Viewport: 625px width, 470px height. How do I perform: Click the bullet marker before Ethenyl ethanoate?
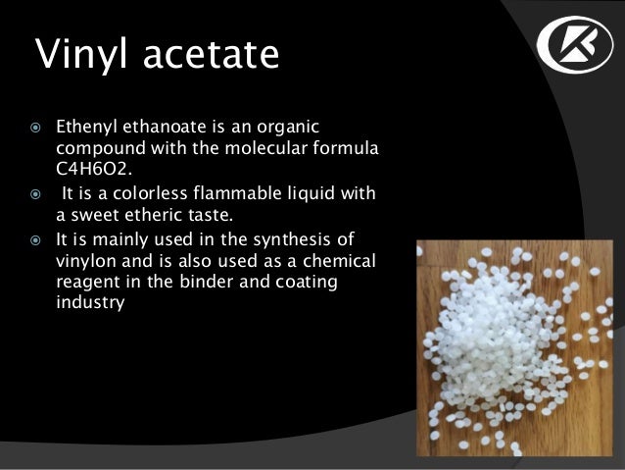click(35, 128)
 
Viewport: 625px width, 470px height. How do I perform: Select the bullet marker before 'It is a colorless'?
click(35, 195)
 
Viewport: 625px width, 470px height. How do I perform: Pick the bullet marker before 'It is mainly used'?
click(35, 240)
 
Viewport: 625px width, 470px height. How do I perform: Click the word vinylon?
click(86, 261)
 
